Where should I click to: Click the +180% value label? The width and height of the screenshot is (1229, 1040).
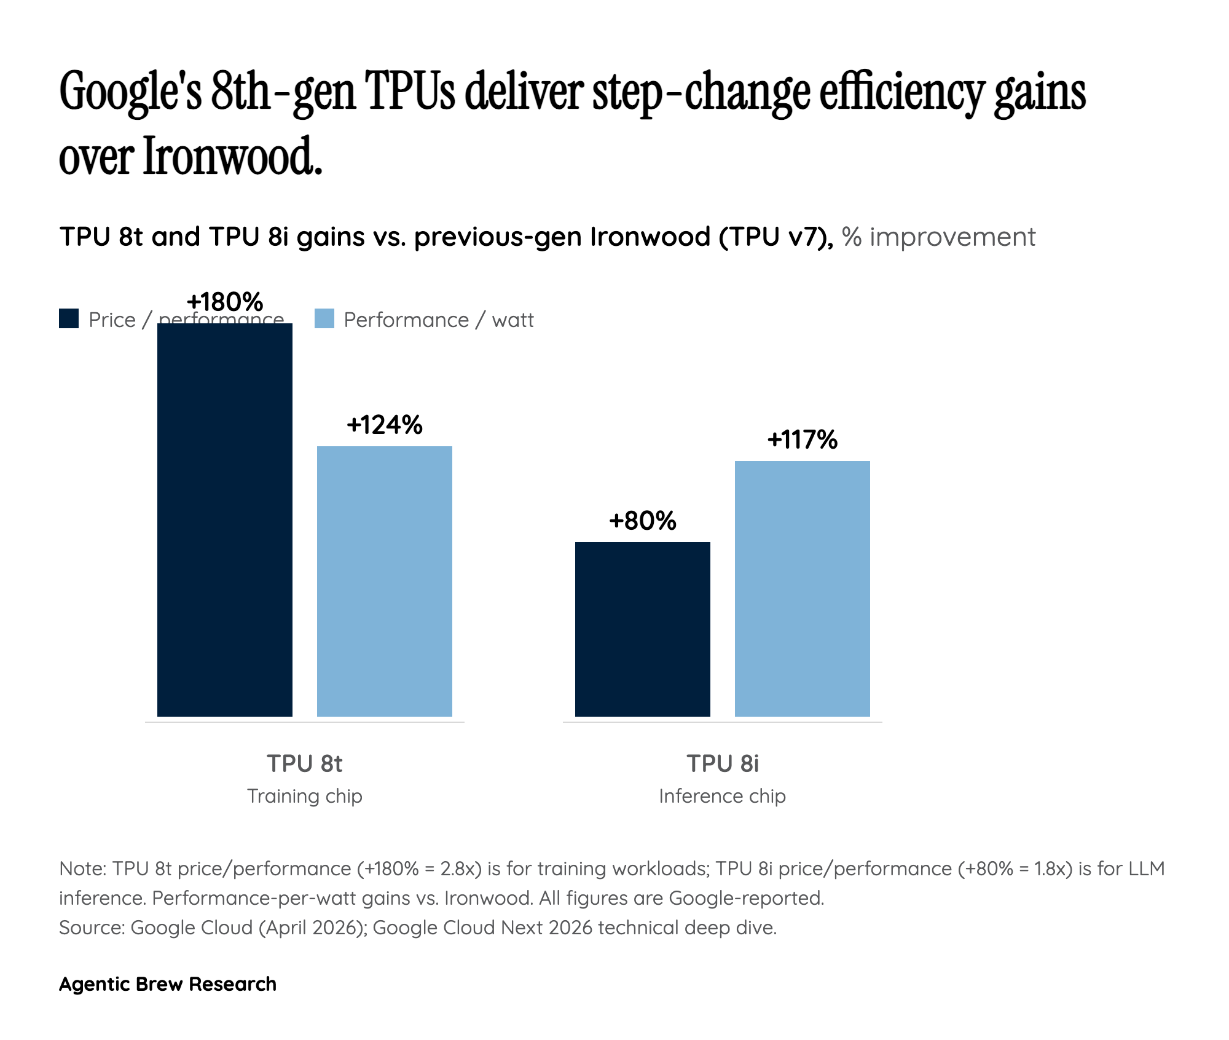225,302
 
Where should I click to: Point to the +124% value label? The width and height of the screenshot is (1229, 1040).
385,425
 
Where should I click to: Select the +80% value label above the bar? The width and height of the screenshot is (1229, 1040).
642,521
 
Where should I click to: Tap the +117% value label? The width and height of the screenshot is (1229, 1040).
802,439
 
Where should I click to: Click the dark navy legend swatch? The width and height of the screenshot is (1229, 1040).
69,319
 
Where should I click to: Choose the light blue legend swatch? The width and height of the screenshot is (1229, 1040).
324,319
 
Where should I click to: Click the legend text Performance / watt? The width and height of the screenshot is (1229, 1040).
438,320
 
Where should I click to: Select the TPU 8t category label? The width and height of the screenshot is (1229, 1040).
304,763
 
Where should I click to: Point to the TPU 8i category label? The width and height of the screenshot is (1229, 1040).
722,763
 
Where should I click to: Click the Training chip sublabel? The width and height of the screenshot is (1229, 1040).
304,796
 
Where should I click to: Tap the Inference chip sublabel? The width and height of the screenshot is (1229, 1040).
722,796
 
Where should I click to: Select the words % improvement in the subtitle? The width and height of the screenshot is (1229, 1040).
938,237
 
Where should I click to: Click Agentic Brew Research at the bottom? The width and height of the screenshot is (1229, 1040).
167,983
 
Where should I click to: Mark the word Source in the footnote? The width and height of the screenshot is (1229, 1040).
91,927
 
